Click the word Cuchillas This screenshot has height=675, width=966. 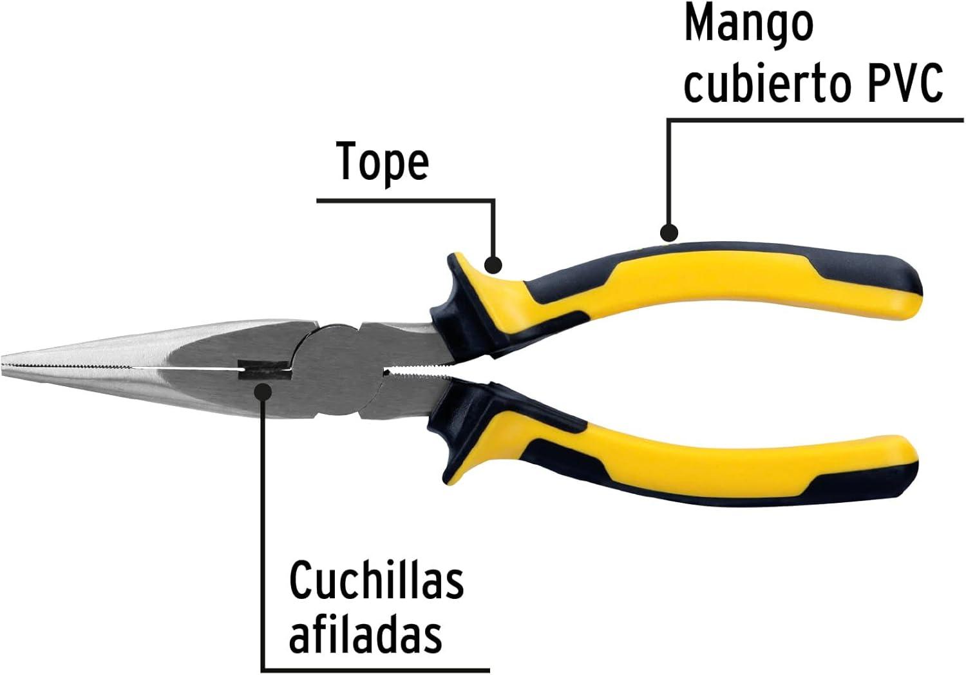point(377,580)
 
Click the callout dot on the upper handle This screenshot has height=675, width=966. point(669,232)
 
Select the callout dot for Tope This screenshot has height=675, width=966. point(493,264)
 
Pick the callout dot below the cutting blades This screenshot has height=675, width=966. point(263,391)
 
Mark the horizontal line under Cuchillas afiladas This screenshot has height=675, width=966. point(375,670)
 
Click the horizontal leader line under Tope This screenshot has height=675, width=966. point(405,201)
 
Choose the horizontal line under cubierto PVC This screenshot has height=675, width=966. point(815,119)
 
